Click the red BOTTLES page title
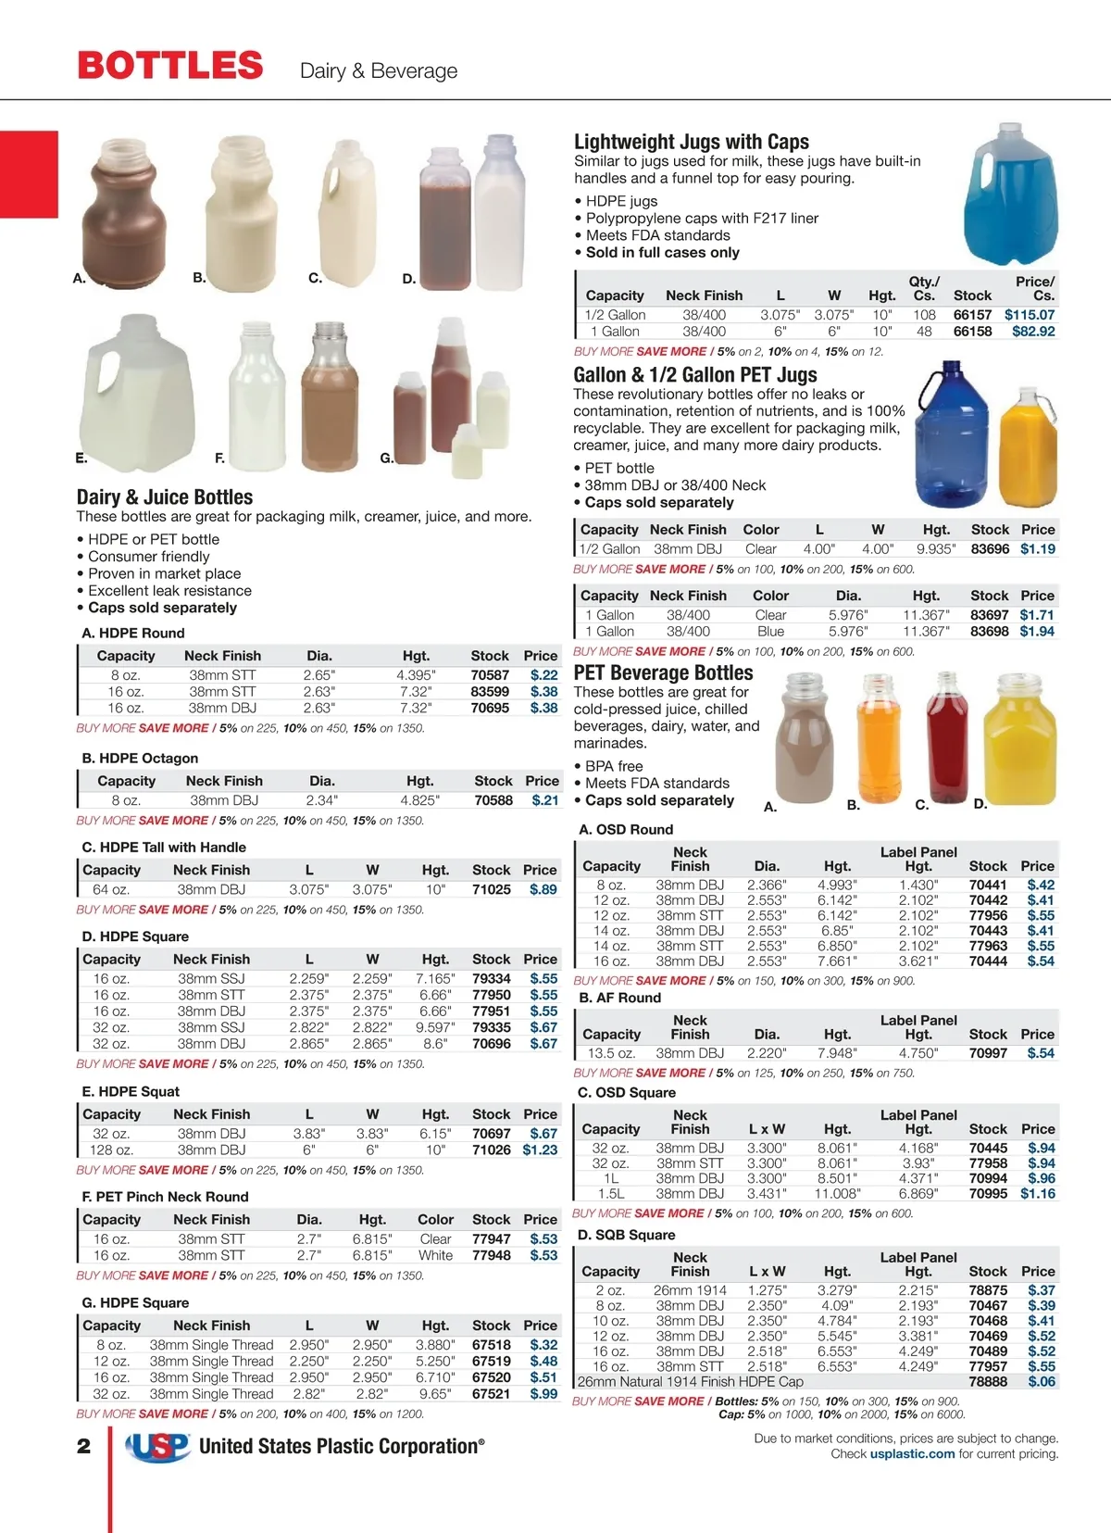tap(170, 66)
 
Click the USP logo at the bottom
tap(158, 1447)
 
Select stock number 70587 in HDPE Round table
tap(490, 675)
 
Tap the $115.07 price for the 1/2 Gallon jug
tap(1029, 315)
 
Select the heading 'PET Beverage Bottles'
tap(663, 672)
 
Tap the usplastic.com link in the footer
tap(912, 1453)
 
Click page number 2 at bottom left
tap(84, 1446)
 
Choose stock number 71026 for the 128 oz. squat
tap(491, 1150)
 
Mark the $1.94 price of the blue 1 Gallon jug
tap(1037, 631)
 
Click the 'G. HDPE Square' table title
tap(135, 1302)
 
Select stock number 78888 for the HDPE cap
tap(988, 1381)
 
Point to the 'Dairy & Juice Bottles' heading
tap(165, 497)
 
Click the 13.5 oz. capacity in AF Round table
tap(611, 1053)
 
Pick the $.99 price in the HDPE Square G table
tap(543, 1393)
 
